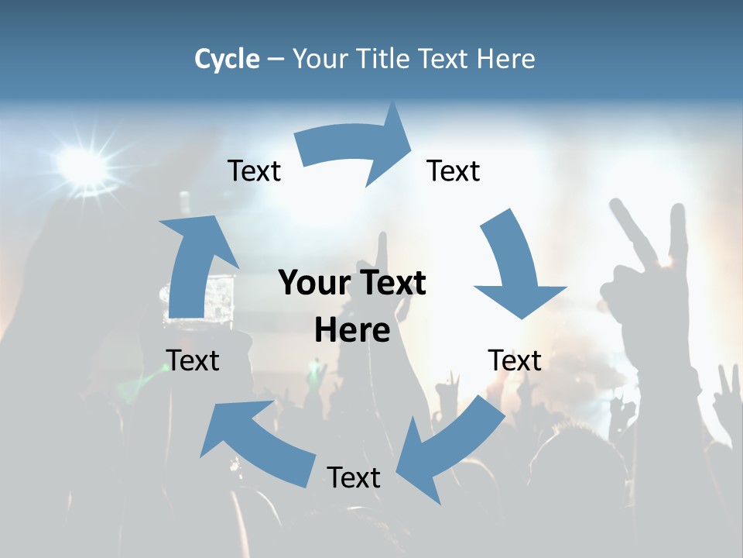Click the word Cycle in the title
coord(227,59)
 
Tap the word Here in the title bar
coord(506,59)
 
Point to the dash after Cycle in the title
coord(276,60)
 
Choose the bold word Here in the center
coord(352,331)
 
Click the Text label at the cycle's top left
coord(254,170)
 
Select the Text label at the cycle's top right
coord(454,170)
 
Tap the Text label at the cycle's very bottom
coord(354,477)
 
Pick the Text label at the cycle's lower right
coord(515,360)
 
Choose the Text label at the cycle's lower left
coord(193,360)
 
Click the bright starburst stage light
coord(81,164)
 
